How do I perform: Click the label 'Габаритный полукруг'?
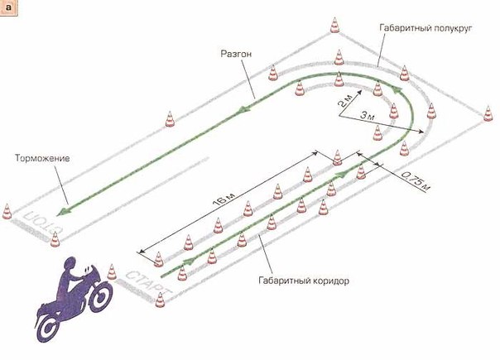tap(425, 28)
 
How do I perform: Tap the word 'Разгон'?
tap(236, 54)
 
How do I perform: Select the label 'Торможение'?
tap(42, 158)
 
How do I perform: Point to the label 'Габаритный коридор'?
tap(304, 281)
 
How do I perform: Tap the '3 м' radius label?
tap(368, 116)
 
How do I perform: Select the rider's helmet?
tap(71, 265)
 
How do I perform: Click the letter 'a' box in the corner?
tap(8, 7)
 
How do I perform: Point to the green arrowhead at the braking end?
tap(63, 210)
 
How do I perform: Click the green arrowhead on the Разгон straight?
tap(242, 109)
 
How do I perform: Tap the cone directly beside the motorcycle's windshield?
tap(111, 271)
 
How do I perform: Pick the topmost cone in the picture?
tap(334, 25)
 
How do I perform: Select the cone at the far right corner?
tap(488, 113)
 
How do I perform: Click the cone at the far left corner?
tap(7, 211)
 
